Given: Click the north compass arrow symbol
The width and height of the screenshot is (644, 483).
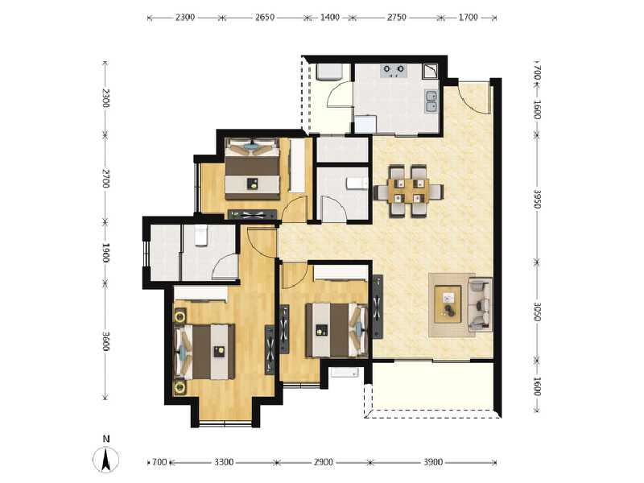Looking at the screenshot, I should pos(105,460).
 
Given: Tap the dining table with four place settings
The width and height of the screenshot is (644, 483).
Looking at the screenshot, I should pos(408,192).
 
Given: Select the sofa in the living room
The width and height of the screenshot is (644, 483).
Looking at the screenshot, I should pos(481,304).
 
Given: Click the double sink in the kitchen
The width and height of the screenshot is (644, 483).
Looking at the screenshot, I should pos(431,101).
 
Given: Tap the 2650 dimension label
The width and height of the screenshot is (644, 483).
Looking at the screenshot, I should pos(265,17).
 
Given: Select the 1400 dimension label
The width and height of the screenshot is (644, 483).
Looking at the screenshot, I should pos(330,17).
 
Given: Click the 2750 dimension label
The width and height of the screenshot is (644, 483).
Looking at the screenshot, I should pos(398,17).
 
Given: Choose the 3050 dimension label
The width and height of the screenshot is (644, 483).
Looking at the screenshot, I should pos(537,311).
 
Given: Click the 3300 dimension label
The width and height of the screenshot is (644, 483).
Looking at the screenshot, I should pos(224,462).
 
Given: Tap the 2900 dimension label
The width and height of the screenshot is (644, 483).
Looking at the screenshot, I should pos(324,462).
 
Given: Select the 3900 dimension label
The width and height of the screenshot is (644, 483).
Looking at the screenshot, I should pos(433,462).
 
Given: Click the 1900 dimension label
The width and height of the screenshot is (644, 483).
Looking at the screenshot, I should pos(105,252).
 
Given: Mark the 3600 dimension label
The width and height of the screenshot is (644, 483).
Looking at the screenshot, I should pos(105,341).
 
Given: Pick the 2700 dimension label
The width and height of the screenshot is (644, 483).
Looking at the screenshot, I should pos(105,178).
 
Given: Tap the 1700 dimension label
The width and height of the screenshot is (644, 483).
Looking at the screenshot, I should pos(470,17).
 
